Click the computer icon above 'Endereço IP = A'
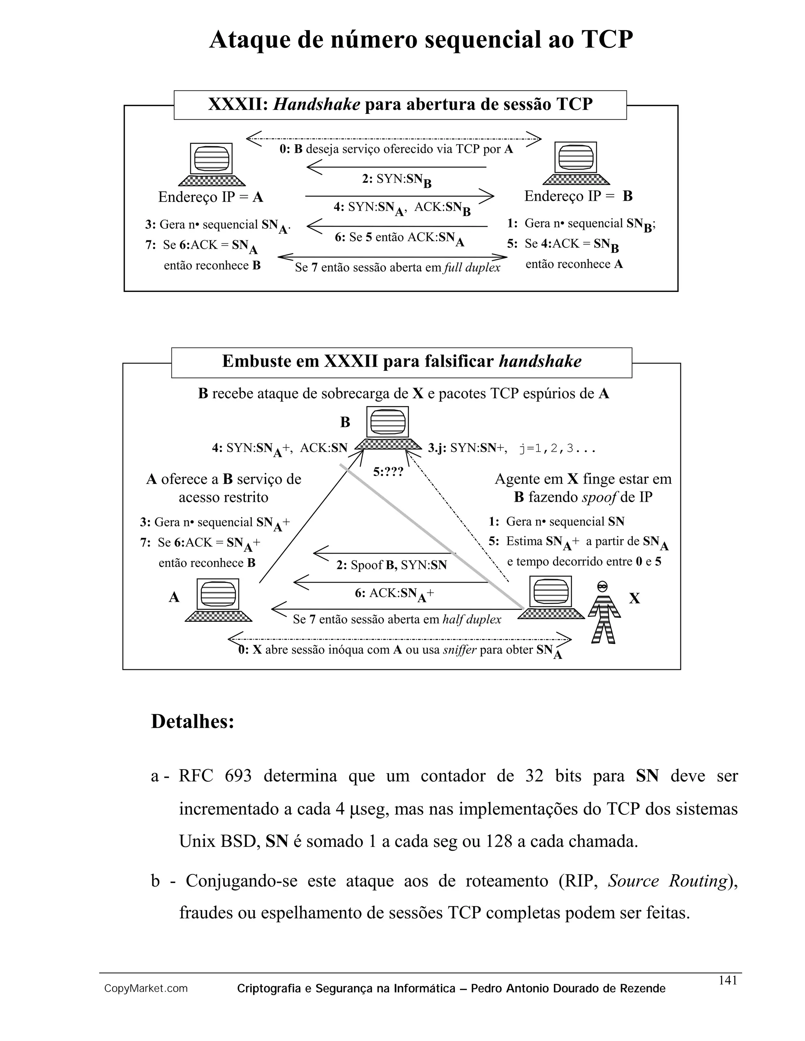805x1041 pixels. coord(211,164)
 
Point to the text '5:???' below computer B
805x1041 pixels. coord(388,472)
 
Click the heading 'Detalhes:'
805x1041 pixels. coord(193,722)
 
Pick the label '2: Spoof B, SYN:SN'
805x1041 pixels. coord(391,565)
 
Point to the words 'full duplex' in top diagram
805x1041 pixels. coord(471,268)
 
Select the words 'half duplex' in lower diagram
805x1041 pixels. coord(472,619)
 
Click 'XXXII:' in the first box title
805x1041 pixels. coord(237,104)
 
